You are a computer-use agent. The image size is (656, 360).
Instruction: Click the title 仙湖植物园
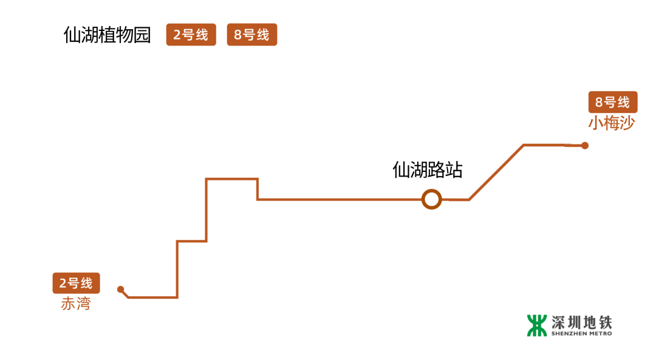(x=107, y=35)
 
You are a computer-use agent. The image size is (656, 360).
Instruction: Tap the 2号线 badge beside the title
(x=191, y=35)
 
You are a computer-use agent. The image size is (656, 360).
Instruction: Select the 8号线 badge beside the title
(x=252, y=35)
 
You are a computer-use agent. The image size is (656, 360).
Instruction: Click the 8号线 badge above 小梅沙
(x=613, y=102)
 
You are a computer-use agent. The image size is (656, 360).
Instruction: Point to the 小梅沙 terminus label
(x=611, y=124)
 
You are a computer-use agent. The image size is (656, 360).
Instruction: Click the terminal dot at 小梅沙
(x=585, y=146)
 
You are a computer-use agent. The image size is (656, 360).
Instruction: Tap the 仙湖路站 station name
(x=428, y=170)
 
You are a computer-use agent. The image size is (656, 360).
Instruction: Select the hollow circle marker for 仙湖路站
(x=431, y=199)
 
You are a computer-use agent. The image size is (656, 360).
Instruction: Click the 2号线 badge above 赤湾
(x=76, y=283)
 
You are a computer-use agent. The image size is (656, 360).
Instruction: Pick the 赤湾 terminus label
(x=75, y=304)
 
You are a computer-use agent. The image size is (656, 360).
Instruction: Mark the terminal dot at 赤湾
(x=120, y=289)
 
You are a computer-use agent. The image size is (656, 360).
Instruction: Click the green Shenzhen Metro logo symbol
(x=537, y=325)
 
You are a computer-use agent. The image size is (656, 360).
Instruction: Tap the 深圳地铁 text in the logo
(x=582, y=322)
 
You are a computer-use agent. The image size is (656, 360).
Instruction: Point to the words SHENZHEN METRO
(x=582, y=333)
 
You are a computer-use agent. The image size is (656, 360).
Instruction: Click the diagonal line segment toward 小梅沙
(x=496, y=172)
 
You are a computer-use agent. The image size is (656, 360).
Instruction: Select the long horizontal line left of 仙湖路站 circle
(x=340, y=199)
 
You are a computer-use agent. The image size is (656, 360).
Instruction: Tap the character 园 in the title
(x=142, y=35)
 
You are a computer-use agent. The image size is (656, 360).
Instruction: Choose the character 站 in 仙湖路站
(x=454, y=170)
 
